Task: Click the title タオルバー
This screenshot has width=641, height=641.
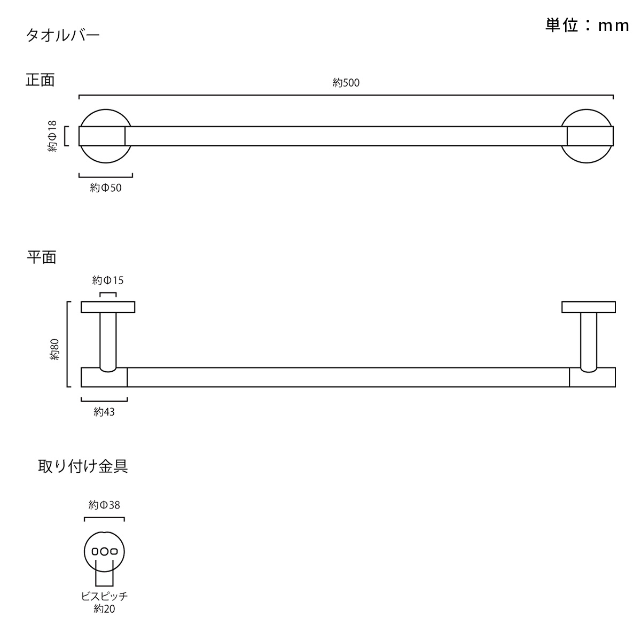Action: [63, 35]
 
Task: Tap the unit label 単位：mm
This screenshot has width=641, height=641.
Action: [587, 25]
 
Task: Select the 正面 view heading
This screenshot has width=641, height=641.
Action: [40, 80]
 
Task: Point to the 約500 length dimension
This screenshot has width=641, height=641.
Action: [346, 82]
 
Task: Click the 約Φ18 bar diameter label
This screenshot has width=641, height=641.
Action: [52, 136]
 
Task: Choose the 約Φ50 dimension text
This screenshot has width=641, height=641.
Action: [106, 188]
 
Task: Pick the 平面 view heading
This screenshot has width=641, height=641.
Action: [42, 257]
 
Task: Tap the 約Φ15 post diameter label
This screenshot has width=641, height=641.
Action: [108, 280]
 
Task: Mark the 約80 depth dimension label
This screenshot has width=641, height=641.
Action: [54, 349]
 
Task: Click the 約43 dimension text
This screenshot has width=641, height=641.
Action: [104, 412]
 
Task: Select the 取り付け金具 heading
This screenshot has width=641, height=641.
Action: [83, 466]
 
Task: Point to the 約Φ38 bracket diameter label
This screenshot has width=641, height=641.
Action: [104, 505]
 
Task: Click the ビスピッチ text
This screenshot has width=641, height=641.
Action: [105, 596]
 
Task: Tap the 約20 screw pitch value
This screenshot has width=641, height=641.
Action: [105, 609]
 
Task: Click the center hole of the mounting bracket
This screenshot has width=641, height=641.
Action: [105, 551]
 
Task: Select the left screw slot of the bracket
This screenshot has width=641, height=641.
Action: [95, 551]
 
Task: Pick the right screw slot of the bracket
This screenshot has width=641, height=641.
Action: [114, 551]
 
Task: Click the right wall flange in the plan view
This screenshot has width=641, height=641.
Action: [589, 307]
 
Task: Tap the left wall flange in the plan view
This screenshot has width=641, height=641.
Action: [108, 307]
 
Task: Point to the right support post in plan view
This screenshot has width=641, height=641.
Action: [589, 342]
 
